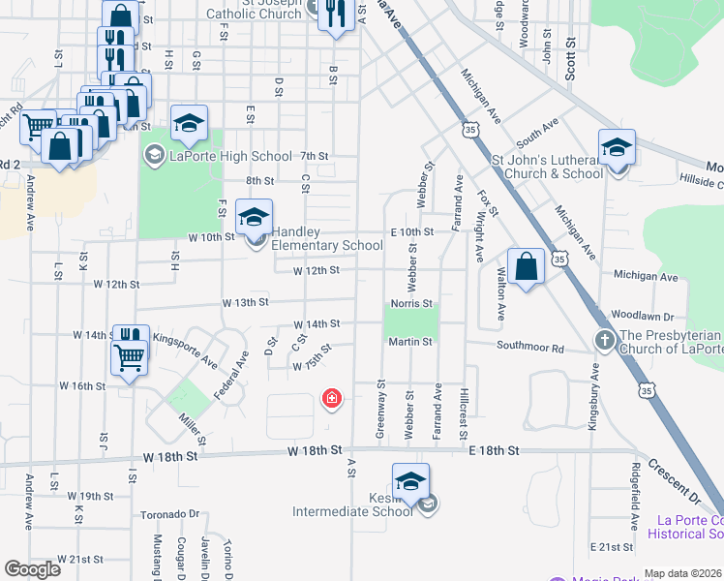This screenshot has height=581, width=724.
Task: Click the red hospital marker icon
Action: [x=332, y=398]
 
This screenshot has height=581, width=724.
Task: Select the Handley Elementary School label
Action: [x=327, y=238]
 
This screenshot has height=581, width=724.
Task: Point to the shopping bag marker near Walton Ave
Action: [x=525, y=266]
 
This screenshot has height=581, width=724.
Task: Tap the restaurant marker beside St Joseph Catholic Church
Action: [x=335, y=14]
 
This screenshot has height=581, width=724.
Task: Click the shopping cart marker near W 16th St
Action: [x=129, y=358]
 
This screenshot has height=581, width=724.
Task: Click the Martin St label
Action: [x=410, y=342]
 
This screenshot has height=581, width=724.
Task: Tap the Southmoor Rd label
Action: [x=530, y=347]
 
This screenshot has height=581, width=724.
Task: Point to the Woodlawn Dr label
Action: [x=642, y=317]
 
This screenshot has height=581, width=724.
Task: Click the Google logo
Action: [x=32, y=569]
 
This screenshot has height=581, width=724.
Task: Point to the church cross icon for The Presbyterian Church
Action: [x=605, y=341]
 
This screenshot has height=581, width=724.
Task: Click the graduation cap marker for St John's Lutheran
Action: [x=616, y=148]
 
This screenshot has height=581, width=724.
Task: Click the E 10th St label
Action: [x=412, y=232]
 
